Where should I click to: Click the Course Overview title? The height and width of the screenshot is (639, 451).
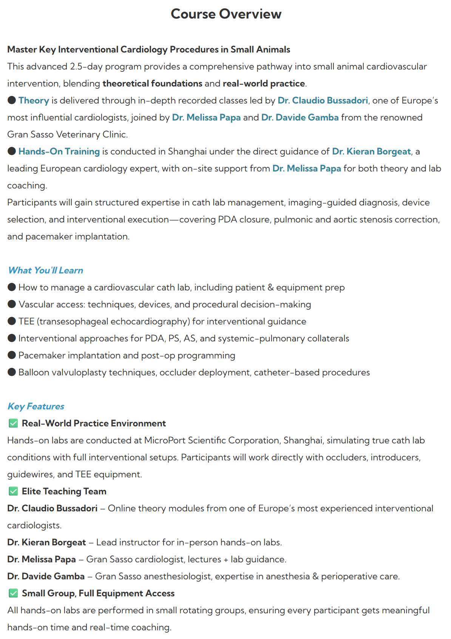click(x=226, y=14)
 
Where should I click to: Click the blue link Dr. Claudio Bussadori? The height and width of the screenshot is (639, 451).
click(x=323, y=100)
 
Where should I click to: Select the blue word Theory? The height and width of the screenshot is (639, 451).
click(x=34, y=100)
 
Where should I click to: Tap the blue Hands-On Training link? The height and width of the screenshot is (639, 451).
click(x=59, y=151)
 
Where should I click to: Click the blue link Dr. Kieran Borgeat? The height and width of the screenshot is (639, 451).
click(x=371, y=151)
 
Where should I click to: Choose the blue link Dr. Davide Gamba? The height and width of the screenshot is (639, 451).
click(x=300, y=117)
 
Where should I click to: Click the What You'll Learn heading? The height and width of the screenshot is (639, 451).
click(x=45, y=270)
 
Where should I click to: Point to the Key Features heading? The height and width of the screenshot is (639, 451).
click(x=36, y=406)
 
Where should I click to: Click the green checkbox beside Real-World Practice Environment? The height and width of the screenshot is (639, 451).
click(x=13, y=423)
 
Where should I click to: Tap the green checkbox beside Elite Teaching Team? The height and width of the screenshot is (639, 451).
click(x=13, y=491)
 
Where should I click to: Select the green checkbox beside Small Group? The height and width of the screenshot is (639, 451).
click(x=13, y=593)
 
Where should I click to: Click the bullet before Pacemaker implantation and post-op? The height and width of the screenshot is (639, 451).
click(x=12, y=355)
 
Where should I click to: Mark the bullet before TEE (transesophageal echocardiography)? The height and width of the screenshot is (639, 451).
click(x=12, y=321)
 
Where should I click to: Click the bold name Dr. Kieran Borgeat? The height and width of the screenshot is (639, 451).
click(x=46, y=542)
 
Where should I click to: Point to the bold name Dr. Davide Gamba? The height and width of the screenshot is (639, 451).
click(x=46, y=576)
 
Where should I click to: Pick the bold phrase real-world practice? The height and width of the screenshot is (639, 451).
click(x=264, y=83)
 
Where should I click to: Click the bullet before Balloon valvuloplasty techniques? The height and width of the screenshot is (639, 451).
click(x=12, y=372)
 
